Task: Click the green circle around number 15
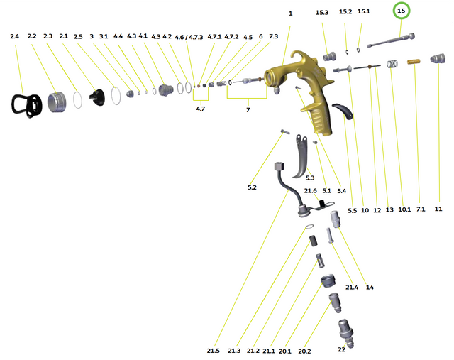click(x=402, y=11)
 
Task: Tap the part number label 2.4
click(x=15, y=36)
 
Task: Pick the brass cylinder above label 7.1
click(x=416, y=66)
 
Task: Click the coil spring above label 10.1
click(x=392, y=66)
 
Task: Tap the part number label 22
click(x=342, y=350)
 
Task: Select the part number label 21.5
click(x=214, y=351)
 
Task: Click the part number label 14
click(x=370, y=287)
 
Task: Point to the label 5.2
click(x=252, y=187)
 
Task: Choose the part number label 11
click(x=438, y=209)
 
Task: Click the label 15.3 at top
click(x=322, y=13)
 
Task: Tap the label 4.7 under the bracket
click(x=201, y=109)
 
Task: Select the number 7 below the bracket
click(x=248, y=110)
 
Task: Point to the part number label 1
click(x=290, y=13)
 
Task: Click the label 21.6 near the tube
click(x=310, y=191)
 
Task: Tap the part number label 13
click(x=389, y=210)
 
